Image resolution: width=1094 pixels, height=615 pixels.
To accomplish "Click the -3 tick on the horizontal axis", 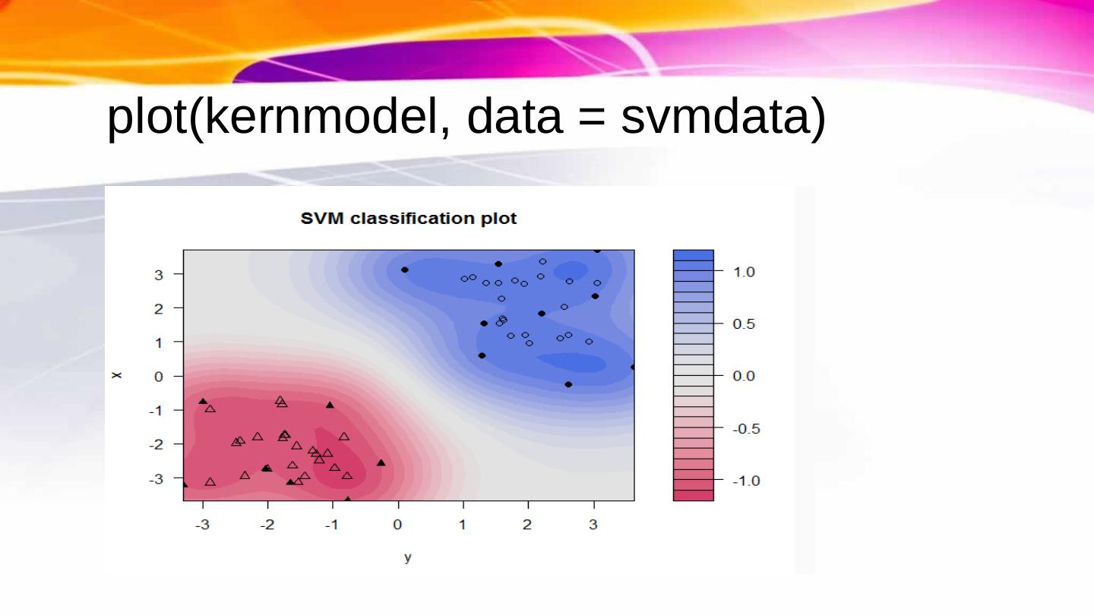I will click(x=202, y=525).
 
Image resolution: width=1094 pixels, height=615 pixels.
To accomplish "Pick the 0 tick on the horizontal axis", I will click(x=397, y=525).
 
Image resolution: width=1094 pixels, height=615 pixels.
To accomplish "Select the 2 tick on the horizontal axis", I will click(x=527, y=525).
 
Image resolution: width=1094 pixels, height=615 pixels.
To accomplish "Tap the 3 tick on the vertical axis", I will click(x=158, y=275).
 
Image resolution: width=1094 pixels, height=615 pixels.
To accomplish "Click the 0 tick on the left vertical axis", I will click(x=158, y=376).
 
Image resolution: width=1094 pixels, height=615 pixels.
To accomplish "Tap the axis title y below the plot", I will click(x=408, y=558).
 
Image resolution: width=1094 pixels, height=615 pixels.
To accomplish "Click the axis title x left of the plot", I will click(x=116, y=375).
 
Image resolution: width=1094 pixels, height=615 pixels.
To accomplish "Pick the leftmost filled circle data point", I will click(x=405, y=270).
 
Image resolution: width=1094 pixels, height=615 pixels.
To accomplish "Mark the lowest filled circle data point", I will click(x=568, y=385).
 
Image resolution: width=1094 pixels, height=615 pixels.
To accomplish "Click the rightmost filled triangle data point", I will click(x=381, y=462).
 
